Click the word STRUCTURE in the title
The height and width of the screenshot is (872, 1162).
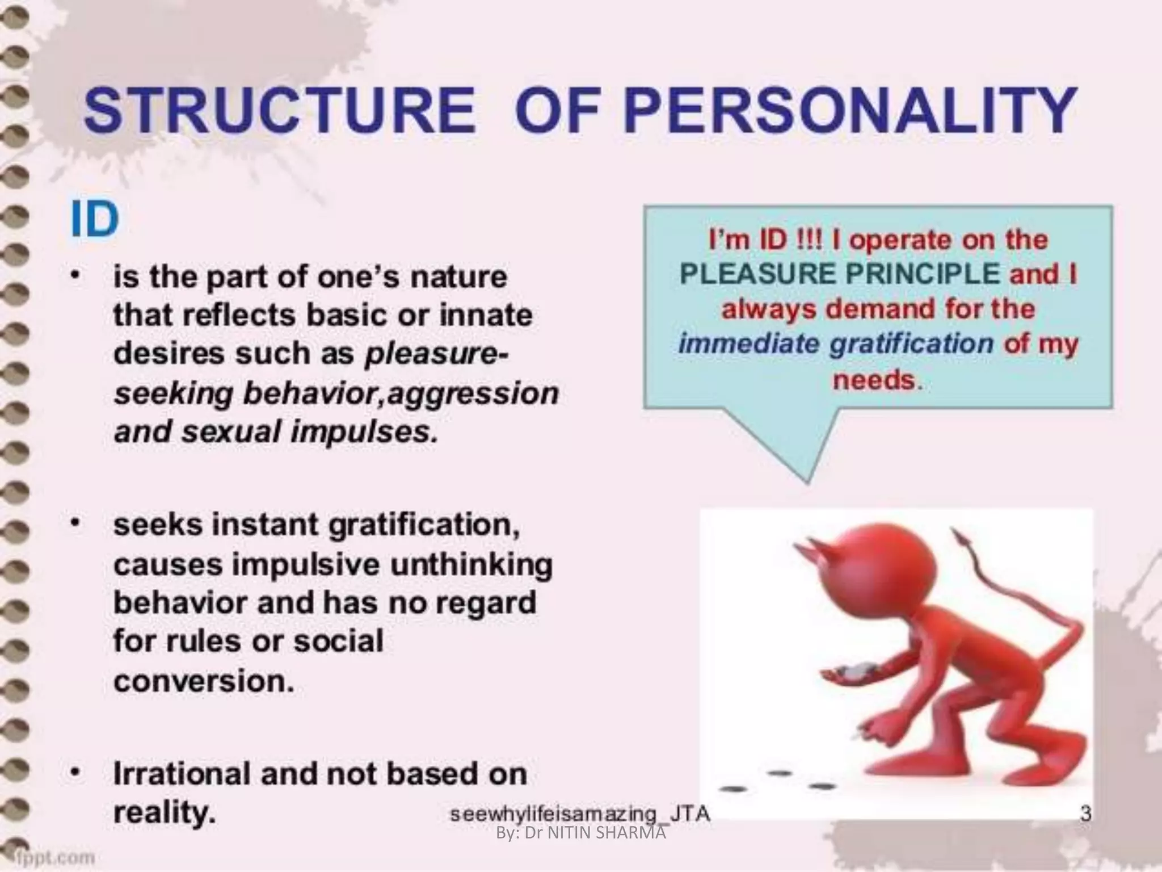click(279, 111)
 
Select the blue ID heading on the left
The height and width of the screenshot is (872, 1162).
click(95, 220)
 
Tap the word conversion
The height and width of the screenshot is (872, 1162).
click(203, 681)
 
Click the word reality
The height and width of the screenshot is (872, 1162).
click(165, 814)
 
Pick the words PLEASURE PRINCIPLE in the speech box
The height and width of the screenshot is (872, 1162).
click(839, 275)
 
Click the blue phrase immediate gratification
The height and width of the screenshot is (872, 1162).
click(835, 344)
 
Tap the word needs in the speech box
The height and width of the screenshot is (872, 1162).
click(874, 379)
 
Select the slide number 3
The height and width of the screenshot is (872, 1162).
click(1085, 814)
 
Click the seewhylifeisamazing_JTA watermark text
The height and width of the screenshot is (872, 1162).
click(579, 814)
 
